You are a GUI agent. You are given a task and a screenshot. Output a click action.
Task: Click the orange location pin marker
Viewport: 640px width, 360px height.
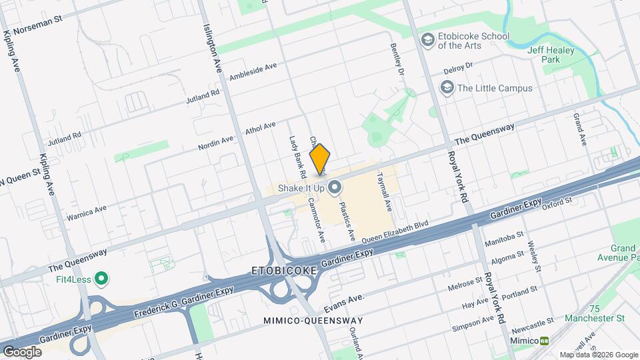click(x=320, y=159)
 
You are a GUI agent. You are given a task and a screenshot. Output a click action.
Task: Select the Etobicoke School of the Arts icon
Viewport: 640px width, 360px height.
click(x=426, y=40)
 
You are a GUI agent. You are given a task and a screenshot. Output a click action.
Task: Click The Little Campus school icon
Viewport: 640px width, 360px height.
click(x=447, y=88)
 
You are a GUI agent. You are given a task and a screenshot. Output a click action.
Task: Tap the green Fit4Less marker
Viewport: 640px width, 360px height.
click(x=101, y=277)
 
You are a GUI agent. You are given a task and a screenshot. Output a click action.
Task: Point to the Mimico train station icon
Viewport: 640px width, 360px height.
click(x=545, y=341)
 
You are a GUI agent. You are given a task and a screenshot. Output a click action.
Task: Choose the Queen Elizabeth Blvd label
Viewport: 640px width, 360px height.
click(x=394, y=232)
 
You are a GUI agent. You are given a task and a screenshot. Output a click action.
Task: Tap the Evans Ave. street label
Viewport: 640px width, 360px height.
click(x=343, y=303)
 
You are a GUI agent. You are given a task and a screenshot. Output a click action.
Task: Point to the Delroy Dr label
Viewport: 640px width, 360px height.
click(x=458, y=68)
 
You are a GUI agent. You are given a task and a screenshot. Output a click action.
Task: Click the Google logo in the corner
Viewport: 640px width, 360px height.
click(x=22, y=351)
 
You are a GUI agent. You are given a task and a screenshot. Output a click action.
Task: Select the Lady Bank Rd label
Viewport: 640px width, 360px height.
click(x=297, y=157)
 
